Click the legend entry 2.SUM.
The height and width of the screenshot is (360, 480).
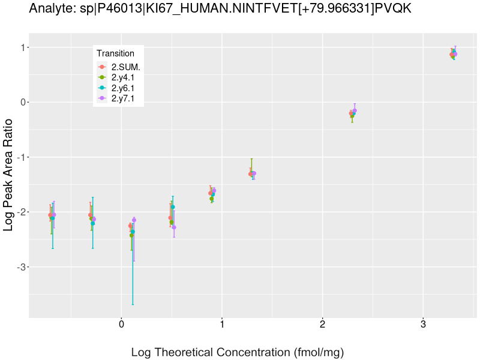125,67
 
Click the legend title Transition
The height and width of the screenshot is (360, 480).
115,53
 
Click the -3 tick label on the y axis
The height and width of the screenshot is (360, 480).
21,267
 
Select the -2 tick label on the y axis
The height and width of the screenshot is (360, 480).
21,212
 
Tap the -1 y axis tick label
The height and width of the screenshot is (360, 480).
21,157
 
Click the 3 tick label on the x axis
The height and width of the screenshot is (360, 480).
423,325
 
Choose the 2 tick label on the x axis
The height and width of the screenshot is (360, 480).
323,325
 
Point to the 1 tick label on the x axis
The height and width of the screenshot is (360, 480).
222,325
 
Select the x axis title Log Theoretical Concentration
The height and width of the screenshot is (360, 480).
237,352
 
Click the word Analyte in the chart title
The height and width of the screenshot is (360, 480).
49,9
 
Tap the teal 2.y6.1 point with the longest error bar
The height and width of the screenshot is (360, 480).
133,232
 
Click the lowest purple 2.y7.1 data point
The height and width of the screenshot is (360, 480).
174,227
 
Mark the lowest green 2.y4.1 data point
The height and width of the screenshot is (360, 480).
131,235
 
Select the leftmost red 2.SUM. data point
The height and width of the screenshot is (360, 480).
50,215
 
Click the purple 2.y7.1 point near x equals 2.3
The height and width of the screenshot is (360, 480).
355,110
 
